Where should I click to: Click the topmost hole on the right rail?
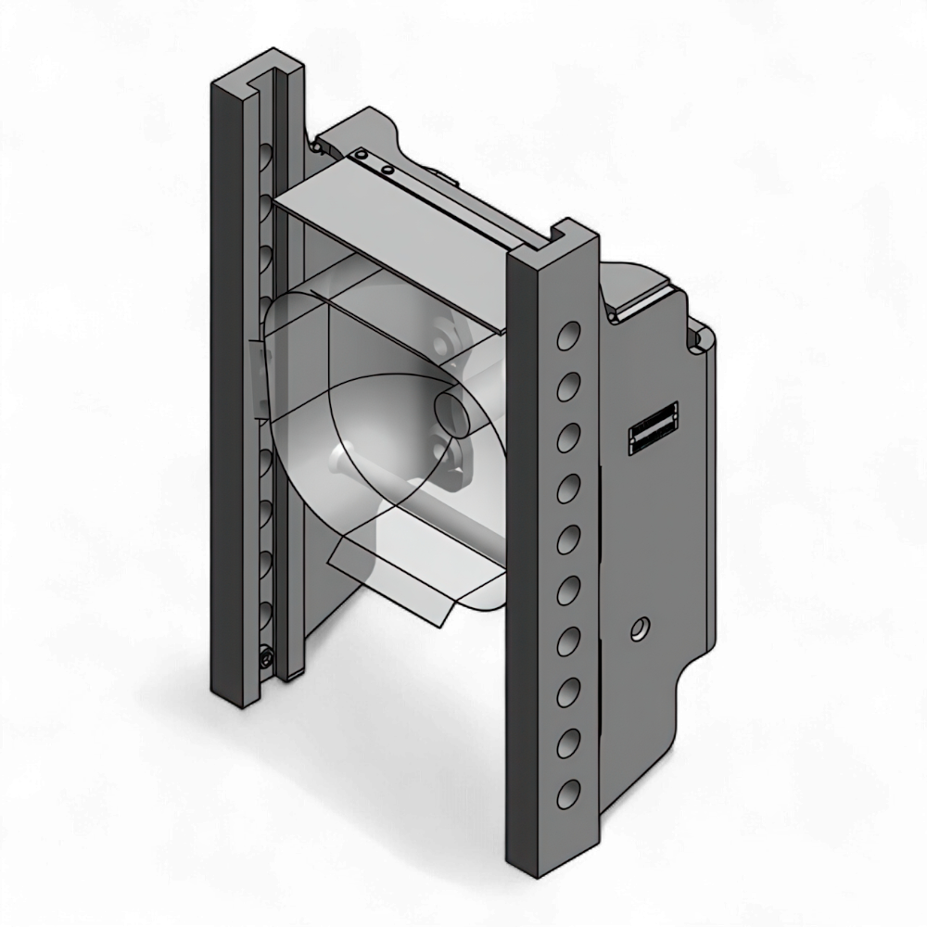pyautogui.click(x=567, y=336)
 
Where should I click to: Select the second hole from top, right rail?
pyautogui.click(x=567, y=386)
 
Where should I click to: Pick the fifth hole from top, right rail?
pyautogui.click(x=567, y=539)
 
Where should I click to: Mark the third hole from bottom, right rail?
pyautogui.click(x=567, y=692)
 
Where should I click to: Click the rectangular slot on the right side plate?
pyautogui.click(x=654, y=428)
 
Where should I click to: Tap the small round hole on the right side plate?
pyautogui.click(x=638, y=630)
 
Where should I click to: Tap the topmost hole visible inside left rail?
pyautogui.click(x=267, y=152)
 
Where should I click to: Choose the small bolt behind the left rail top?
pyautogui.click(x=317, y=146)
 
